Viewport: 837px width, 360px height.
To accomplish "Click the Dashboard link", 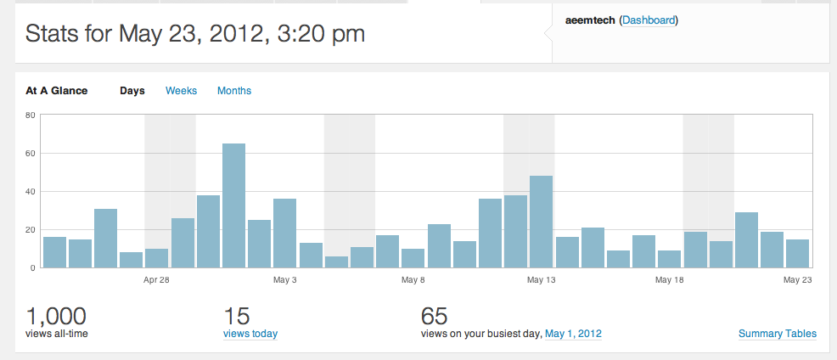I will pos(649,20).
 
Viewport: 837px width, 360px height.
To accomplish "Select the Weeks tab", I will pos(181,91).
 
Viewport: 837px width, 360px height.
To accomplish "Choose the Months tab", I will pos(234,91).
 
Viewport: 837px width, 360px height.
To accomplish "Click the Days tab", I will pos(132,91).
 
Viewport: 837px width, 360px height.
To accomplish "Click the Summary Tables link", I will pos(778,334).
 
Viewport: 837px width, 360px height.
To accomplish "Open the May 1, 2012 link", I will pos(573,334).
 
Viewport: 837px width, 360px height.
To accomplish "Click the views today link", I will pos(250,334).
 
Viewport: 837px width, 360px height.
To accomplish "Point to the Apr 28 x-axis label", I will pos(156,279).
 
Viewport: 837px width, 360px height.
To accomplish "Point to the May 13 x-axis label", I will pos(541,279).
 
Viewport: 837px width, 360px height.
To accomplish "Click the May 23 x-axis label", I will pos(797,279).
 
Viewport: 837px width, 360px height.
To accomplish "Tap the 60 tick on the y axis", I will pos(31,153).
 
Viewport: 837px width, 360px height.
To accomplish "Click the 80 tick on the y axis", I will pos(31,115).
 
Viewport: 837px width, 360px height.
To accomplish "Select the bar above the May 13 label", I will pos(541,222).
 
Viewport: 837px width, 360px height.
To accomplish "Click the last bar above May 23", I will pos(797,253).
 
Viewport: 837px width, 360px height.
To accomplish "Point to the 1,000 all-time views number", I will pos(56,317).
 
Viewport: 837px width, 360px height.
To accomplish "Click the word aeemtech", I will pos(590,20).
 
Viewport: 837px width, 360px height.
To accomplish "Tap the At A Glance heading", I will pos(56,91).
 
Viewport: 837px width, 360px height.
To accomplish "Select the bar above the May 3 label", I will pos(284,233).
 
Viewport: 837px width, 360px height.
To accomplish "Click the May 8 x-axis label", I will pos(413,279).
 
